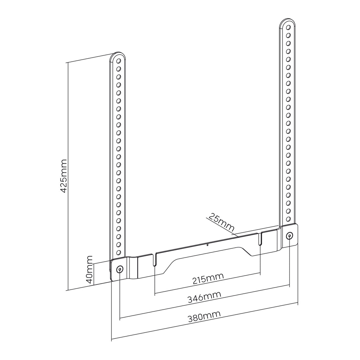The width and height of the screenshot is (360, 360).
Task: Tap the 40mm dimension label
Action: tap(89, 269)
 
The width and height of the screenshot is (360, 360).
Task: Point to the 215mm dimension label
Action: tap(208, 278)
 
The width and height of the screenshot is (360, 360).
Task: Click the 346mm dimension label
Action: tap(204, 297)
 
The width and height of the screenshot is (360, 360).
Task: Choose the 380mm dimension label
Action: tap(204, 316)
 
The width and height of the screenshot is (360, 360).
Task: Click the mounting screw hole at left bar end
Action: tap(120, 269)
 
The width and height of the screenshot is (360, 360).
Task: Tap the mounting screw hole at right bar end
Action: tap(290, 236)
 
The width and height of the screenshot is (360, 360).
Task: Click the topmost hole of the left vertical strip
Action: tap(119, 61)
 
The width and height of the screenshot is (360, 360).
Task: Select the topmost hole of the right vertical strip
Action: tap(289, 27)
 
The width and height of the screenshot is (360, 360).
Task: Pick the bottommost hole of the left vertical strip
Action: tap(119, 252)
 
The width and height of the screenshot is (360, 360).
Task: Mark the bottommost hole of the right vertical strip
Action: tap(289, 219)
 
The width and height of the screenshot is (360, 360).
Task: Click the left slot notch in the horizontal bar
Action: tap(154, 259)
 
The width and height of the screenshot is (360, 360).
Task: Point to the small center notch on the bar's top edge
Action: tap(207, 244)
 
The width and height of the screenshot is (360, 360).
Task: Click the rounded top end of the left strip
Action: tap(118, 55)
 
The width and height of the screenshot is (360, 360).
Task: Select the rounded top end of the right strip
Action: tap(287, 21)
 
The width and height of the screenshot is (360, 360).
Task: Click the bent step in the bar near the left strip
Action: tap(132, 268)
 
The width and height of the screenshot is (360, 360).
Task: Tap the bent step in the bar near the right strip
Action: tap(279, 238)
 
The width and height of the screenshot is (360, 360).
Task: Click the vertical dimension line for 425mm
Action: tap(68, 176)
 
